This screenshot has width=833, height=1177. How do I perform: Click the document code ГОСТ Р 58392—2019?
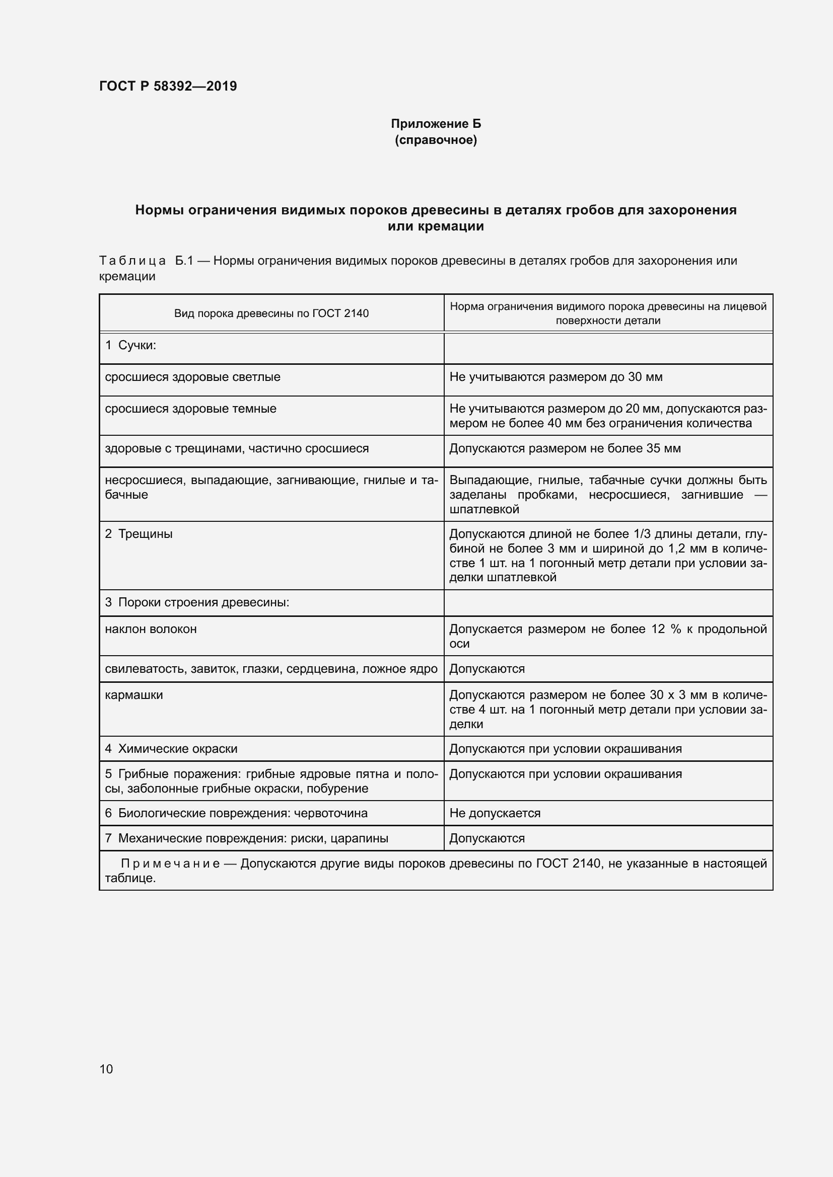[168, 86]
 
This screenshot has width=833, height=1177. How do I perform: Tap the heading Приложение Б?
[436, 124]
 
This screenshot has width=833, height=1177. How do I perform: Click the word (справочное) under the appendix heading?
[436, 140]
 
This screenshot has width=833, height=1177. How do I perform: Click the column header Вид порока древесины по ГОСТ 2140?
[271, 313]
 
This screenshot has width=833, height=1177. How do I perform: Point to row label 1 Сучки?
[130, 346]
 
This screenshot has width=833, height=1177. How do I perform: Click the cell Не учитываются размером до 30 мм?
[556, 377]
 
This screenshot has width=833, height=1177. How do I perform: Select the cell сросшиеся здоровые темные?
[190, 409]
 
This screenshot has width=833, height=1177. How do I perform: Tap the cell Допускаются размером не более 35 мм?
[565, 448]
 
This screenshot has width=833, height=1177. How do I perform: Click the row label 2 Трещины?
[138, 533]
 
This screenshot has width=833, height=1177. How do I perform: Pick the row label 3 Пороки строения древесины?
[197, 602]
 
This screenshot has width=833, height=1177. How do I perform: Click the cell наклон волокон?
[150, 629]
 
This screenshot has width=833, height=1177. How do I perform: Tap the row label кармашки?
[133, 695]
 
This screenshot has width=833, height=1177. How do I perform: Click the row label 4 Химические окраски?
[171, 749]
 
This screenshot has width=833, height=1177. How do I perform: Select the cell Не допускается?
[495, 814]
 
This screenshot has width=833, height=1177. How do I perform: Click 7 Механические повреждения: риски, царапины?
[246, 839]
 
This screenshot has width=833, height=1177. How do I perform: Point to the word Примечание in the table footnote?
[170, 864]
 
